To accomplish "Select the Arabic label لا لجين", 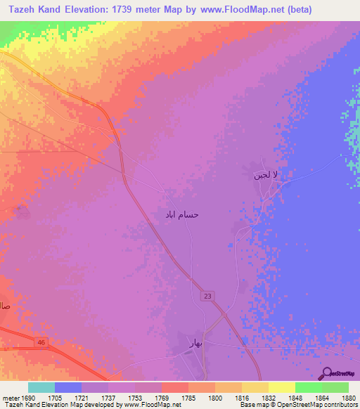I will click(x=266, y=176).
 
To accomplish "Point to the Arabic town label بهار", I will click(x=195, y=343).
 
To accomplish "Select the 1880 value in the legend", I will click(x=348, y=397).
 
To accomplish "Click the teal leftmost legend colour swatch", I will click(x=41, y=387).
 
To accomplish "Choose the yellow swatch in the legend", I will click(x=282, y=387).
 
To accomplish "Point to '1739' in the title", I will click(x=129, y=9).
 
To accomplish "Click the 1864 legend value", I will click(x=321, y=397).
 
